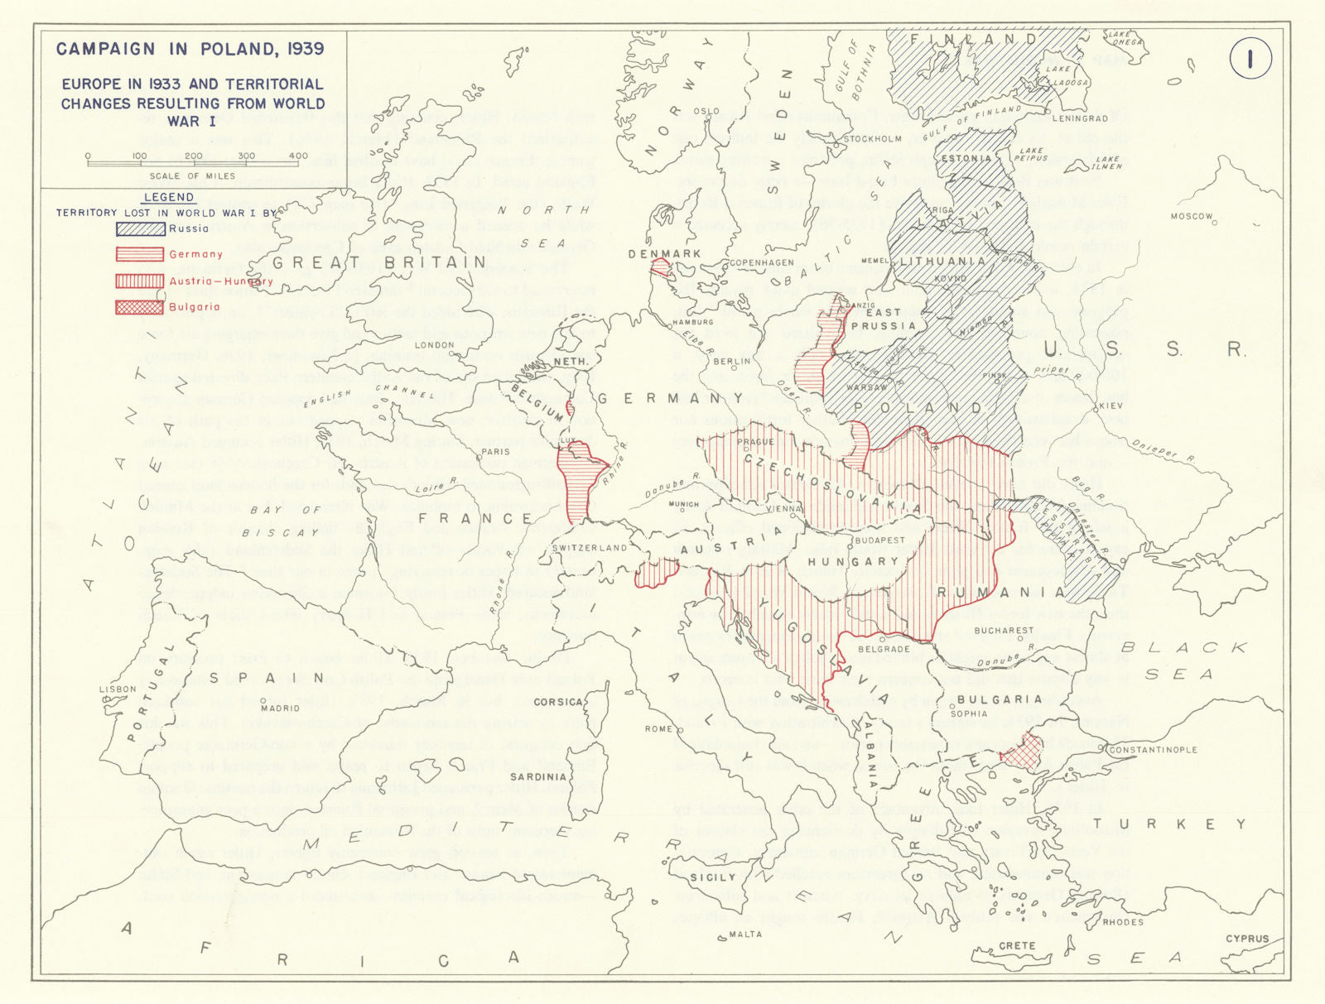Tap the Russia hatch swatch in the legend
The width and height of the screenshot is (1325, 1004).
[x=140, y=228]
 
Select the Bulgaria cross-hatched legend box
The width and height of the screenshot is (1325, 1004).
[x=140, y=307]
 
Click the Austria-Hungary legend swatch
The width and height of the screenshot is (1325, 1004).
[x=140, y=281]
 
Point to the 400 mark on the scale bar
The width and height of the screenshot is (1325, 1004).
[x=298, y=156]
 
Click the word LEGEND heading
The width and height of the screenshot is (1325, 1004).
[x=169, y=197]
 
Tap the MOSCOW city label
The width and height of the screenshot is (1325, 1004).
[x=1191, y=217]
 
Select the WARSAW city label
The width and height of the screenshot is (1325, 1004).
[x=866, y=387]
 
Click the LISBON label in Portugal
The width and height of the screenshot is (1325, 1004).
[x=117, y=689]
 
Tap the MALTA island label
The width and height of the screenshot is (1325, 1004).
[x=745, y=934]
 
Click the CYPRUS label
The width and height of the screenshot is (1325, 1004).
[x=1246, y=939]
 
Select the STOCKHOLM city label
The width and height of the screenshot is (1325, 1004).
[x=873, y=139]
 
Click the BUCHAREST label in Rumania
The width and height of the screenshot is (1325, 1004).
[x=1004, y=631]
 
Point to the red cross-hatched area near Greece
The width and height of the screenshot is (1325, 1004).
[x=1022, y=752]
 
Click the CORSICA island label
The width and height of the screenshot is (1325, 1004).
[x=558, y=702]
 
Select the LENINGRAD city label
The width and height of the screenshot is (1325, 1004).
[x=1080, y=119]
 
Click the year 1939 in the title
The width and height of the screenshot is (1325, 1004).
[x=302, y=49]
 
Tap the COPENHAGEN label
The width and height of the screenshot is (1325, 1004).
[x=761, y=263]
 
